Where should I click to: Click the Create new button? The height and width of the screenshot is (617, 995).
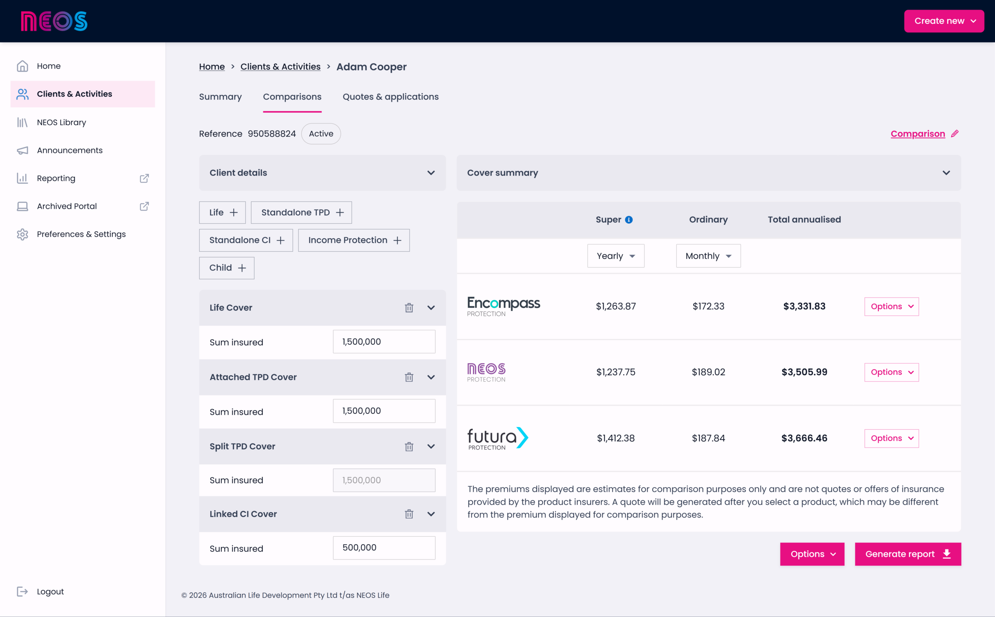pos(944,21)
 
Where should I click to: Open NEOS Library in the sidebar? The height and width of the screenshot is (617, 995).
pos(61,122)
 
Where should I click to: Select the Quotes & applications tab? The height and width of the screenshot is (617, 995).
pos(391,97)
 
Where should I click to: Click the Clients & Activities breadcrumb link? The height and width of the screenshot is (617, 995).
pos(280,66)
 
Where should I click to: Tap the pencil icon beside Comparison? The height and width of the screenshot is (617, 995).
pos(955,134)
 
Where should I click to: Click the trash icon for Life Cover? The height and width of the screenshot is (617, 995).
pos(409,308)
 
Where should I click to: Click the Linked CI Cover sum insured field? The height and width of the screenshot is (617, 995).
pos(384,547)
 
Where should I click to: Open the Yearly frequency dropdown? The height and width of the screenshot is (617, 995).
pos(615,256)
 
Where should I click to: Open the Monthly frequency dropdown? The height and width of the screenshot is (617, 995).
pos(708,256)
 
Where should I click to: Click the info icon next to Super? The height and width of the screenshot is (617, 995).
pos(629,220)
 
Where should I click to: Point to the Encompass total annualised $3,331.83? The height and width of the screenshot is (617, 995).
pos(804,307)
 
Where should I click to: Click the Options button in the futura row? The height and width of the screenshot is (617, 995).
pos(891,438)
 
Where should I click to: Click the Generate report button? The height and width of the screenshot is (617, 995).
pos(908,554)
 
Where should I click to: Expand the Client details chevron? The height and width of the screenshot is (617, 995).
pos(431,173)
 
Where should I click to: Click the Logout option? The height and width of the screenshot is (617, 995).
pos(50,592)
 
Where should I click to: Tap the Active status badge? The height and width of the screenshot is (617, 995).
pos(321,134)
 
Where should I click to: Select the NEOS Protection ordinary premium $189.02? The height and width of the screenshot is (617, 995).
pos(708,372)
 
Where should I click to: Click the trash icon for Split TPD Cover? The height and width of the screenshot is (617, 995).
pos(409,446)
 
